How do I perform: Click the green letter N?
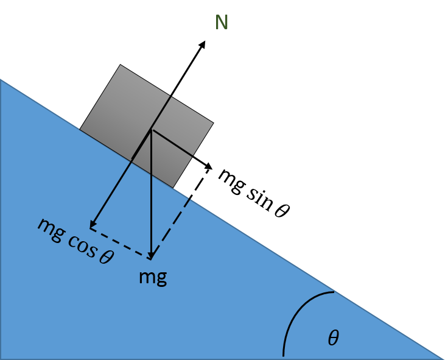[x=222, y=23]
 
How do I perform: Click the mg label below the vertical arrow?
[x=152, y=277]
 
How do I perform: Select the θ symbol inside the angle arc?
[x=333, y=338]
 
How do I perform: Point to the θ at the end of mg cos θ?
[x=106, y=256]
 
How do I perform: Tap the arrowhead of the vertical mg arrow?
[x=152, y=255]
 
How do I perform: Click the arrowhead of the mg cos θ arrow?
[x=93, y=225]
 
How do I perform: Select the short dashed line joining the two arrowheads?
[x=121, y=242]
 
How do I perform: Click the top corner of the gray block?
[x=121, y=65]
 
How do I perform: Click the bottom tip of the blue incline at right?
[x=442, y=358]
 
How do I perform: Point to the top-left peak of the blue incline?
[x=1, y=80]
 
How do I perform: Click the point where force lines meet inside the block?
[x=152, y=130]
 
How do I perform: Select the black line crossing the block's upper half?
[x=161, y=113]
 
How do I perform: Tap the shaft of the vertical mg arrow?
[x=152, y=195]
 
